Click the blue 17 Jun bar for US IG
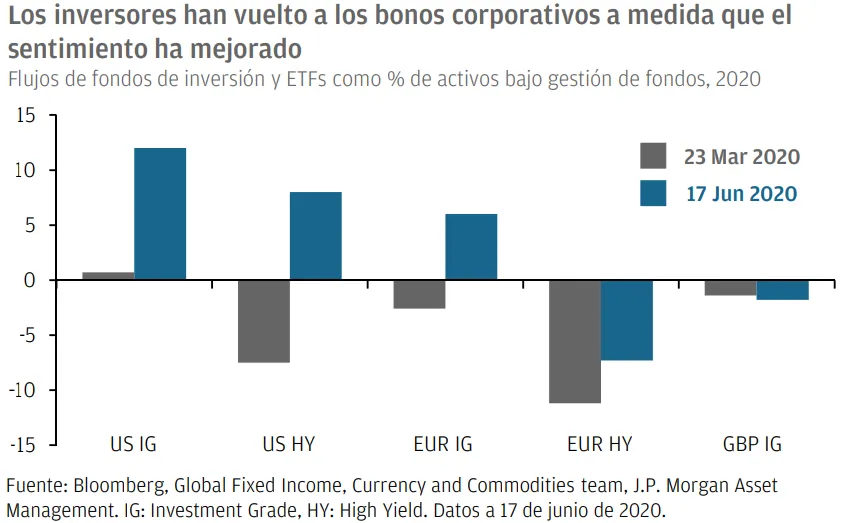(x=160, y=214)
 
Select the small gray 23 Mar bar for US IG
(x=108, y=276)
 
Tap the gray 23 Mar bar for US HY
(x=264, y=321)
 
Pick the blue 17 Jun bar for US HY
(x=316, y=236)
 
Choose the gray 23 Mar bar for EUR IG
(x=419, y=294)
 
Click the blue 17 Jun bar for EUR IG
(x=471, y=247)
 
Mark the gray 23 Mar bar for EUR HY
(x=575, y=341)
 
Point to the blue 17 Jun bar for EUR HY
(x=627, y=320)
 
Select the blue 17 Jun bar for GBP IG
(x=782, y=290)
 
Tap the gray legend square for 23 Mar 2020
(x=653, y=157)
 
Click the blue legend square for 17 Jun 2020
(x=653, y=193)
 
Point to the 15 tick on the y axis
(x=27, y=116)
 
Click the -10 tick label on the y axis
(x=24, y=390)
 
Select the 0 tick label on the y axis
(x=31, y=281)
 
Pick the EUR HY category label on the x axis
(x=600, y=444)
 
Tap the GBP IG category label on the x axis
(x=752, y=444)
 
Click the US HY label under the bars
(x=288, y=444)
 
